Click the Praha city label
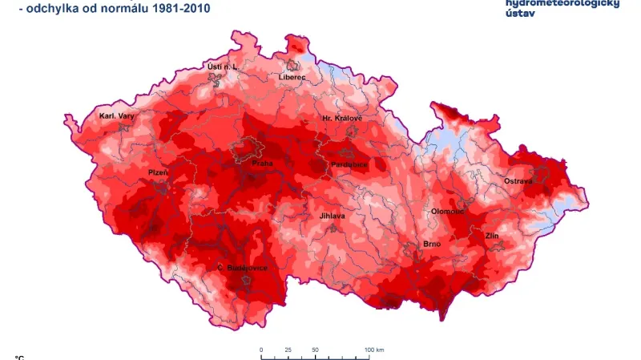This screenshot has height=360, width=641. pyautogui.click(x=262, y=163)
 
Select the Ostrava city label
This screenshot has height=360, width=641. pyautogui.click(x=518, y=182)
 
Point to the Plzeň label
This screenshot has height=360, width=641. pyautogui.click(x=158, y=172)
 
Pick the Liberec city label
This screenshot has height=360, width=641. pyautogui.click(x=292, y=77)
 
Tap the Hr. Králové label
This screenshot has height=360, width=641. pyautogui.click(x=342, y=118)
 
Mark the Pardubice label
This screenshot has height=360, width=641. pyautogui.click(x=349, y=164)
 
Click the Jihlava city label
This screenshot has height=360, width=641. pyautogui.click(x=332, y=216)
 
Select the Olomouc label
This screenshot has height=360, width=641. pyautogui.click(x=448, y=211)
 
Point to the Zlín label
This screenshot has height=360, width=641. pyautogui.click(x=492, y=237)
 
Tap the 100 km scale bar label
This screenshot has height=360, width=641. pyautogui.click(x=374, y=350)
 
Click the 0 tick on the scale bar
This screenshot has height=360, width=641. pyautogui.click(x=261, y=350)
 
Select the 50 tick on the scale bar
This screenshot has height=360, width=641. pyautogui.click(x=315, y=350)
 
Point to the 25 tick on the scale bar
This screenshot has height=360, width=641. pyautogui.click(x=288, y=350)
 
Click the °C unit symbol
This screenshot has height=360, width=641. pyautogui.click(x=19, y=357)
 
